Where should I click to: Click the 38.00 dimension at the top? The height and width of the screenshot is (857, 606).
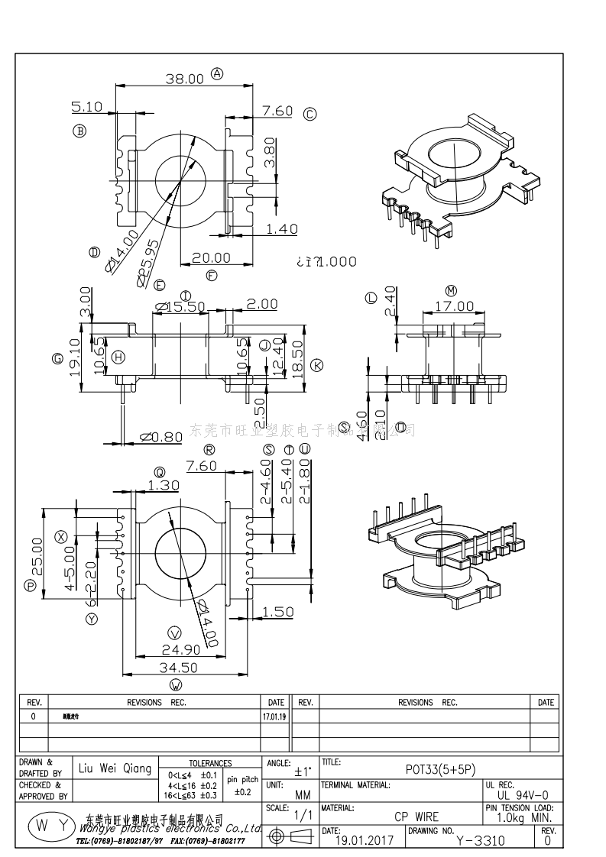click(184, 78)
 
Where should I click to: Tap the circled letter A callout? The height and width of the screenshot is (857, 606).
click(217, 74)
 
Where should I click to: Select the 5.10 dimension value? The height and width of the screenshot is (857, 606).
click(87, 107)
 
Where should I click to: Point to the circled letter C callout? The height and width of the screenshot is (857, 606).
click(309, 115)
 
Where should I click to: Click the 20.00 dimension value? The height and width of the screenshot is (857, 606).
click(211, 258)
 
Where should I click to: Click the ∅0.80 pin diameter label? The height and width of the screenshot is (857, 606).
click(161, 437)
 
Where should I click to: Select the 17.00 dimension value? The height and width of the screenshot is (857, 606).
click(454, 306)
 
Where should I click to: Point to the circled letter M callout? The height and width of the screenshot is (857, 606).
click(451, 290)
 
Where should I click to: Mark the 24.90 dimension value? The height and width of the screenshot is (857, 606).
click(181, 650)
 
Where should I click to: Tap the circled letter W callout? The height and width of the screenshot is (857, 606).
click(177, 684)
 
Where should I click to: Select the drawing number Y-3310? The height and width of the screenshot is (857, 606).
click(480, 840)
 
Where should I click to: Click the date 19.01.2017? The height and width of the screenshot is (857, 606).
click(365, 840)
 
